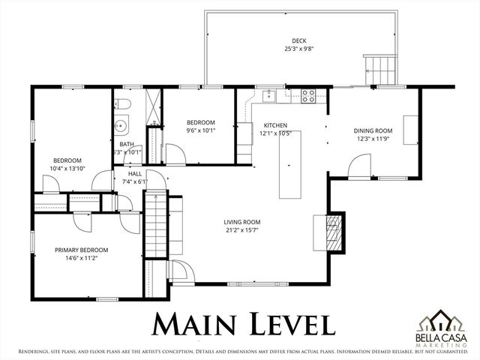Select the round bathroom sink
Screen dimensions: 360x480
point(121,125)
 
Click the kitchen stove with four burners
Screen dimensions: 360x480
point(307,95)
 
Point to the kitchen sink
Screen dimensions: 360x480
point(268,95)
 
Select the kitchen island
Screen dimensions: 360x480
point(289,168)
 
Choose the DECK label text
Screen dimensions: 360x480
point(299,40)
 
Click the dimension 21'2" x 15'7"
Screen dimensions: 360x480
point(241,230)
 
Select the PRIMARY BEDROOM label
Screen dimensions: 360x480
point(81,250)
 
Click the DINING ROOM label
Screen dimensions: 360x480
point(373,130)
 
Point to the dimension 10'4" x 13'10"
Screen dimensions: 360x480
point(67,168)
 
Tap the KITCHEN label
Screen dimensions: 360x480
point(275,125)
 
